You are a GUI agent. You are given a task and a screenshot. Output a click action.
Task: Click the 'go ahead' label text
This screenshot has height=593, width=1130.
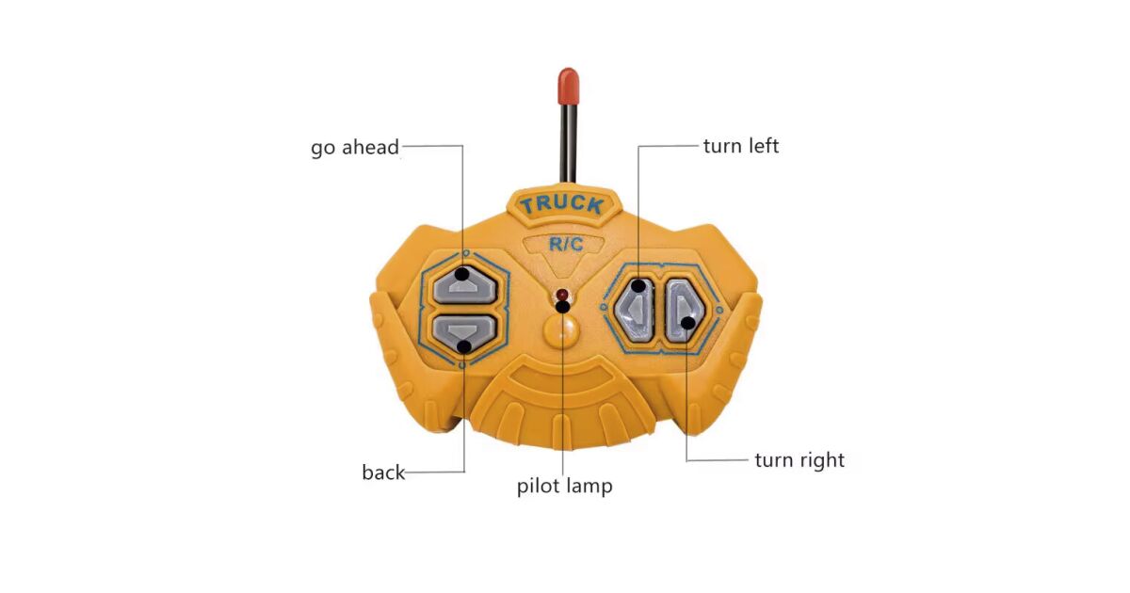(355, 148)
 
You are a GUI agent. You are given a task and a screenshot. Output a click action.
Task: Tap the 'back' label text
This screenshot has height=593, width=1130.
(383, 473)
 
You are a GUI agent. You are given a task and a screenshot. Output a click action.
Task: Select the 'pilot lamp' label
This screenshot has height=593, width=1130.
(564, 486)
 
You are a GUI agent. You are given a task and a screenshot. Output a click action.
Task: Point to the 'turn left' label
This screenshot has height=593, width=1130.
(741, 146)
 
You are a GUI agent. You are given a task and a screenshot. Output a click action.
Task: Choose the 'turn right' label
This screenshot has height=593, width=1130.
(799, 460)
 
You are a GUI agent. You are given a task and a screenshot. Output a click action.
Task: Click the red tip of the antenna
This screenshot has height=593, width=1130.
(567, 85)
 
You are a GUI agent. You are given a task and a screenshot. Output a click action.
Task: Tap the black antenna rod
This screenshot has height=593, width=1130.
(568, 141)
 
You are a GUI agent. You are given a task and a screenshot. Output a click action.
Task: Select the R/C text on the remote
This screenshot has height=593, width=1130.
(566, 245)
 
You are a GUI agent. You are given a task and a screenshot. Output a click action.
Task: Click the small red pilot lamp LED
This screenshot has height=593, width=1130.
(562, 294)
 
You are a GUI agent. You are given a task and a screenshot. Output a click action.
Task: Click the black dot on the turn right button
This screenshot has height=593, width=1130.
(688, 323)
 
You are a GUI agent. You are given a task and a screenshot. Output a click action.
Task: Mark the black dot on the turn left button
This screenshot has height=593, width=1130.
(639, 285)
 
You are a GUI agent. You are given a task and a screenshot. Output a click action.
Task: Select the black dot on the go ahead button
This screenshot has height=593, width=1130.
(463, 274)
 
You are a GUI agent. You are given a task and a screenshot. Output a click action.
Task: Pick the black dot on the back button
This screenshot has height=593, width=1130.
(463, 346)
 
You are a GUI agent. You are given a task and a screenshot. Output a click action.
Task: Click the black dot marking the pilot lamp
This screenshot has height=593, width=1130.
(562, 305)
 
